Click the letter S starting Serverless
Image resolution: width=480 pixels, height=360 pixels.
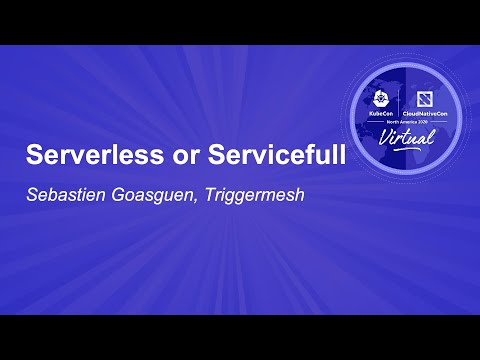[32, 157]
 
